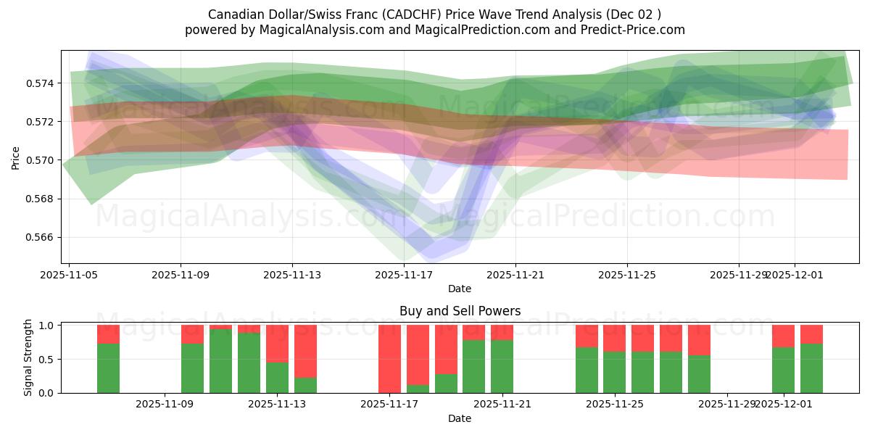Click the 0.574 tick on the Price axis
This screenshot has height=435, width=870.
43,83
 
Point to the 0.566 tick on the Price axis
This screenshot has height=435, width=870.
43,237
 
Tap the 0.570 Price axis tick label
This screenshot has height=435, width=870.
43,160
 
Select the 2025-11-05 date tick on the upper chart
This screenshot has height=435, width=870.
69,275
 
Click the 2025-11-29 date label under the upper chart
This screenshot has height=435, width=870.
738,275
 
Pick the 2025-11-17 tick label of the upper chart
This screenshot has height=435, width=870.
404,275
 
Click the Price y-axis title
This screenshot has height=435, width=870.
16,157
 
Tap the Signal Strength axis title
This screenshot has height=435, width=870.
28,358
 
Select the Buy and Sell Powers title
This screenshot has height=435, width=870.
460,311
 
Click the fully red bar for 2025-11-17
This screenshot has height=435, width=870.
389,359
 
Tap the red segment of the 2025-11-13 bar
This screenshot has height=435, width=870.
277,343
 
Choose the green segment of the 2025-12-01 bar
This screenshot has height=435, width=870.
783,370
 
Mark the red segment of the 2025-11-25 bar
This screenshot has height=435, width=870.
614,338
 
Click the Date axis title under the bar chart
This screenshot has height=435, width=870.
460,418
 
